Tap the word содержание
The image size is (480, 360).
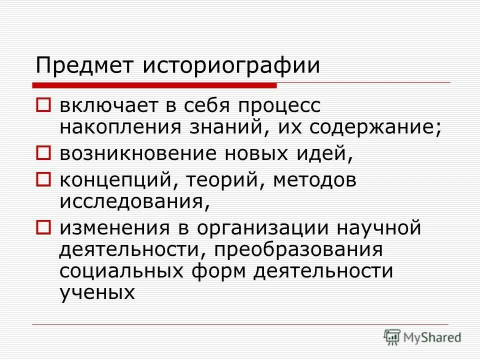[x=375, y=128]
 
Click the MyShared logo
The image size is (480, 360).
[x=422, y=337]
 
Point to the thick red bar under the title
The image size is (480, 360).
[x=155, y=85]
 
